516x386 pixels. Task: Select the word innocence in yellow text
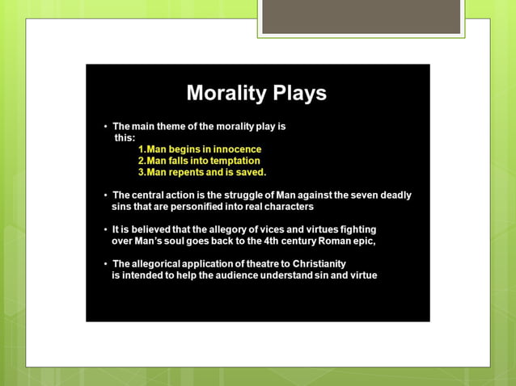(237, 149)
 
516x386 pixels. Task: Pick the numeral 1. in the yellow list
(142, 149)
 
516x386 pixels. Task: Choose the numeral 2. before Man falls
(142, 161)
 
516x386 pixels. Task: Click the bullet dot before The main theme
(105, 127)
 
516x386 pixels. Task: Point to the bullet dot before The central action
(105, 195)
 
